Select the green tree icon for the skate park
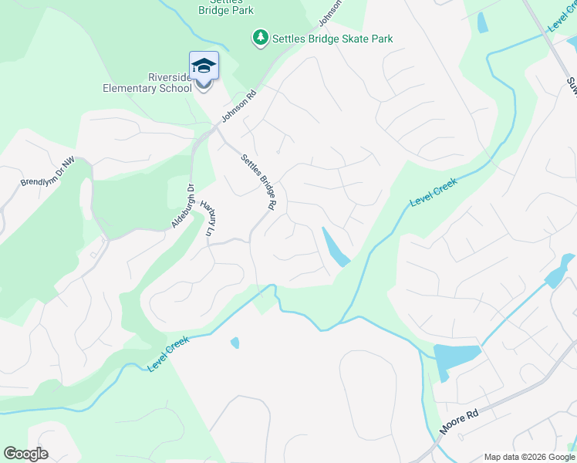click(x=261, y=38)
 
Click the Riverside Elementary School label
click(x=147, y=83)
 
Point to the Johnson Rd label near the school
click(x=238, y=107)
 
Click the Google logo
click(x=25, y=454)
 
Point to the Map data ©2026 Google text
click(x=528, y=457)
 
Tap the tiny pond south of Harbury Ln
click(x=235, y=343)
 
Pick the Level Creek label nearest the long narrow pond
click(x=434, y=192)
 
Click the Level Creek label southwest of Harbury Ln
click(x=168, y=353)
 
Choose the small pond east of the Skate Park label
click(x=482, y=22)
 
